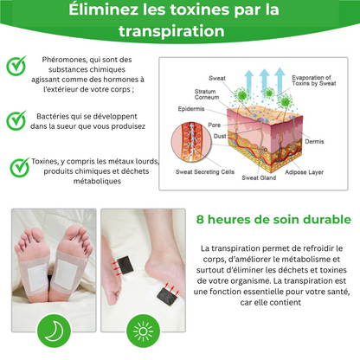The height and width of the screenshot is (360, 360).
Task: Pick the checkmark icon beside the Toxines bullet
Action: click(16, 167)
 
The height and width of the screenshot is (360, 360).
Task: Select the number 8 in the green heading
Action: click(201, 220)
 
